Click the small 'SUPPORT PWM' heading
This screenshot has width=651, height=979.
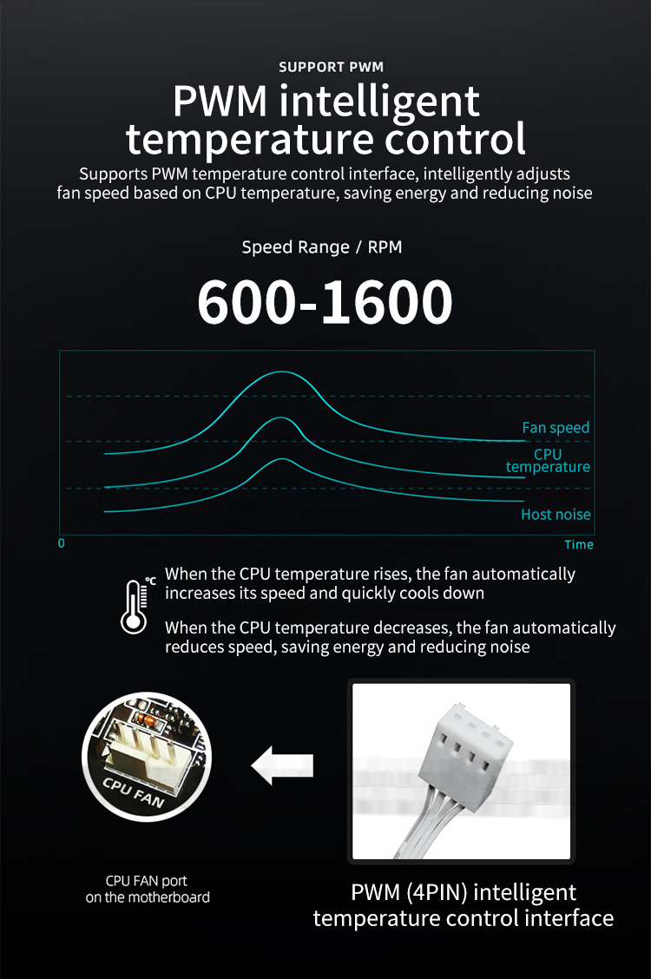coord(331,67)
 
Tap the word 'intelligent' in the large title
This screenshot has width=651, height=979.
coord(380,101)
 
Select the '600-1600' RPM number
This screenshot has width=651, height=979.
coord(325,302)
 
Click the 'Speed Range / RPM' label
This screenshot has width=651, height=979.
coord(322,247)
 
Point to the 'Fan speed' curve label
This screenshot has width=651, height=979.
coord(556,427)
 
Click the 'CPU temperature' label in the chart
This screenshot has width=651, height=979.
coord(548,460)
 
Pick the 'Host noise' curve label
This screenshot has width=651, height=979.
coord(556,514)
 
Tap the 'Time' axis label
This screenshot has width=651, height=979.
coord(578,544)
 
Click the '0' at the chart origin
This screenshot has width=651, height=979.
coord(61,544)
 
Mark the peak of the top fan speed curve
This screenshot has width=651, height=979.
coord(280,371)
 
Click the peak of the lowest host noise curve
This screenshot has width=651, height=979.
coord(279,459)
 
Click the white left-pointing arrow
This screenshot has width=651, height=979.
coord(282,765)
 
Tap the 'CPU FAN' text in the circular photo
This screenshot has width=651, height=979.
coord(135,792)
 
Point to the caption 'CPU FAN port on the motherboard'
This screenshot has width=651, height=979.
coord(148,889)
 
